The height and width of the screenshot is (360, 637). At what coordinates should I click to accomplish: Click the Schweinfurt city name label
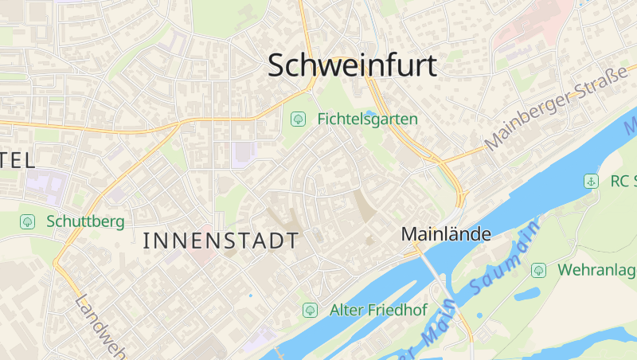coord(353,65)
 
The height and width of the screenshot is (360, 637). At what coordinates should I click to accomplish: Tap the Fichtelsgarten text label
coord(367,119)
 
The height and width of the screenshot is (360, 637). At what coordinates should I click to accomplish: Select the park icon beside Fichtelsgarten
coord(298,119)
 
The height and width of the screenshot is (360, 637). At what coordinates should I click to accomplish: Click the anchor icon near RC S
coord(591,182)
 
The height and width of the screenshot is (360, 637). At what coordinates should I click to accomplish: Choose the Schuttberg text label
coord(85,221)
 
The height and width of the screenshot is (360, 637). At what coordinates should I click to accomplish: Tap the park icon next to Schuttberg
coord(28,221)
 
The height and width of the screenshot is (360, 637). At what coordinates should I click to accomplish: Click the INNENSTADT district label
coord(221,241)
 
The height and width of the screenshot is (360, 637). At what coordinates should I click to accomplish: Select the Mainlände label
coord(446,234)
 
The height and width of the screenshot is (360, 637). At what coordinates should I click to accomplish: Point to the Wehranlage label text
coord(596,270)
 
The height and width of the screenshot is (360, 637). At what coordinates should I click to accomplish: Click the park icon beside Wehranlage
coord(538,270)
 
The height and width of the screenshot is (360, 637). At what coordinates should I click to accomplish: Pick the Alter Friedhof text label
coord(378,310)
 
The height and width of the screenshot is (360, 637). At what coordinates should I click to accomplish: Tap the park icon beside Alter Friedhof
coord(310,310)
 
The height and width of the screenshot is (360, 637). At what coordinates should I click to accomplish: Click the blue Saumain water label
coord(500,260)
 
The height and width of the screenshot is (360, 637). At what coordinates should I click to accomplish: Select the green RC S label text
coord(623,182)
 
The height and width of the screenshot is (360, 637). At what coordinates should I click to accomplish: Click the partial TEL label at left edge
coord(18,160)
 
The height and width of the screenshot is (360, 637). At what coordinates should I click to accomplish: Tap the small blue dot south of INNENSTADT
coord(250,295)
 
